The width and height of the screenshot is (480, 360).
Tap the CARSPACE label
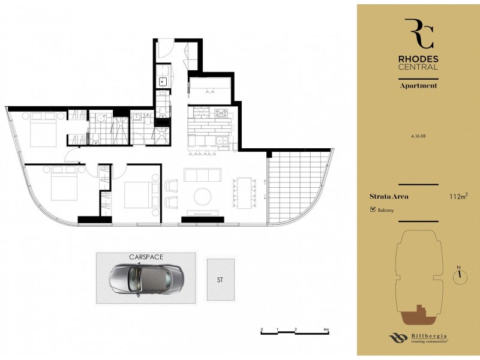(146, 257)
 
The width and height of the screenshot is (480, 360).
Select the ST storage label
(220, 280)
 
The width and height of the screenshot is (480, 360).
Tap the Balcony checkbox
(373, 210)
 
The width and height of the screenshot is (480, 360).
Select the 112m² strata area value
(458, 196)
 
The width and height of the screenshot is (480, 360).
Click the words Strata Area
(387, 196)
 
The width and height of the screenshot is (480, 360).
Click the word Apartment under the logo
(419, 86)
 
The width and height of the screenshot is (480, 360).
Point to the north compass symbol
(460, 275)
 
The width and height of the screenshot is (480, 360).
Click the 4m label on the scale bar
(326, 329)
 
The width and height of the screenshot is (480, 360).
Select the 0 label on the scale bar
(262, 329)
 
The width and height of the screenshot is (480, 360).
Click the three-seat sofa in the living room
(202, 175)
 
